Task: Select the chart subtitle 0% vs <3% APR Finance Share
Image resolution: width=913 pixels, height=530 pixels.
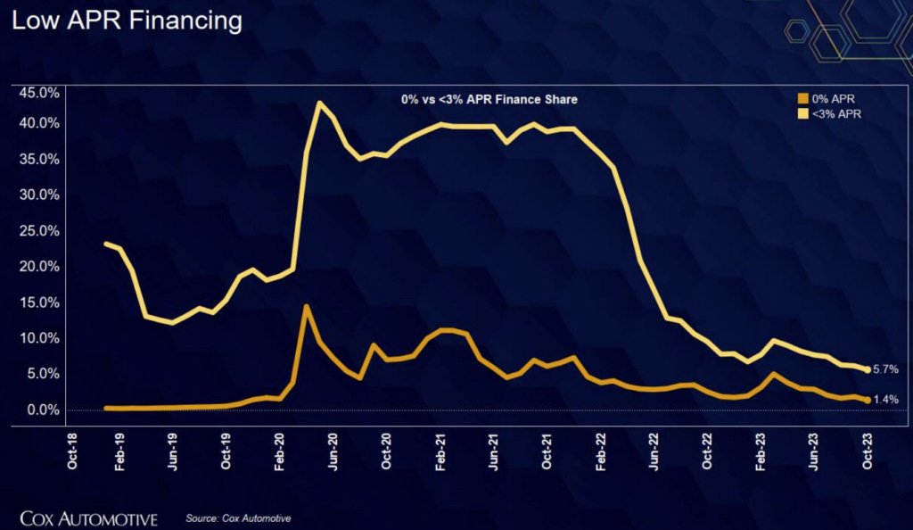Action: click(489, 100)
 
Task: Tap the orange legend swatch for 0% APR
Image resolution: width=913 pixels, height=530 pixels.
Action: click(801, 99)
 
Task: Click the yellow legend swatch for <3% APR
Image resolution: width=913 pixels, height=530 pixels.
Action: click(801, 114)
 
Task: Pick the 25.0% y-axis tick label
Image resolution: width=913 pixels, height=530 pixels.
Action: click(39, 231)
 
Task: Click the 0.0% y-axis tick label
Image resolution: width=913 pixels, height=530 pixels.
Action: click(42, 410)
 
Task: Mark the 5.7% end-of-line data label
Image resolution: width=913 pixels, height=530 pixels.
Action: click(885, 369)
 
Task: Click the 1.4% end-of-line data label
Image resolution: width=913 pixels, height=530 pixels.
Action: click(885, 400)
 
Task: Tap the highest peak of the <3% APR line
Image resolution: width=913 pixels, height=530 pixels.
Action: click(318, 104)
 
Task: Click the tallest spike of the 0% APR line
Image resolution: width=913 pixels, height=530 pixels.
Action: click(307, 308)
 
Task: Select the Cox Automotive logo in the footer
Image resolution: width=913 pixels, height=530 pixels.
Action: click(88, 518)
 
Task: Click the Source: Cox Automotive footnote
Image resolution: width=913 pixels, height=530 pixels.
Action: click(238, 518)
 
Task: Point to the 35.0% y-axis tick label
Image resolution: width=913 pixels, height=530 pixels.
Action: click(39, 160)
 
